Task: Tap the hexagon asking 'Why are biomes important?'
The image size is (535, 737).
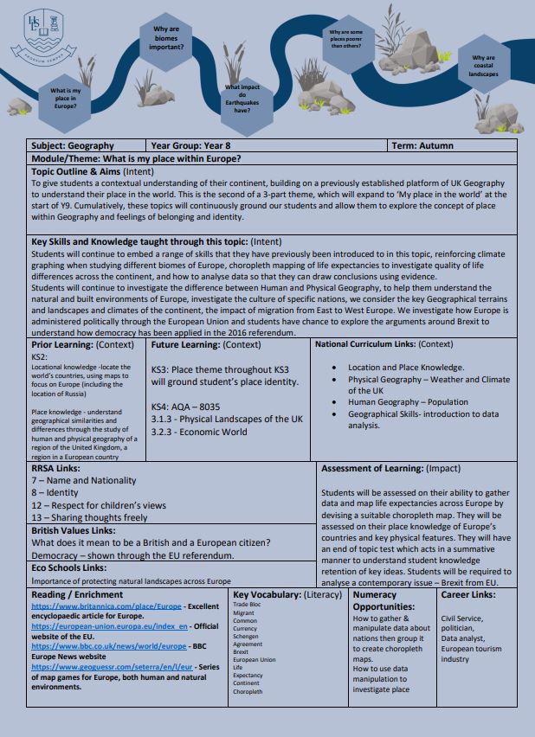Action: [167, 39]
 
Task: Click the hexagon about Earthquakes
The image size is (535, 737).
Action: [242, 99]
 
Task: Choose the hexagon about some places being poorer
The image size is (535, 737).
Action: [345, 39]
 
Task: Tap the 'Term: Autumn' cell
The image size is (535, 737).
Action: [422, 146]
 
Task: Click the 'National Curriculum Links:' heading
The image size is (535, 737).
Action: [377, 344]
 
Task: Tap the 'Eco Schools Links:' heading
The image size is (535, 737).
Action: [69, 567]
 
